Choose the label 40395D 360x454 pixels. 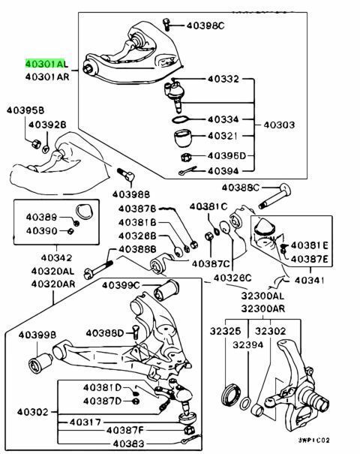click(x=226, y=156)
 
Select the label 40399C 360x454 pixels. click(x=124, y=285)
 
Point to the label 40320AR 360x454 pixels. click(x=53, y=284)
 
